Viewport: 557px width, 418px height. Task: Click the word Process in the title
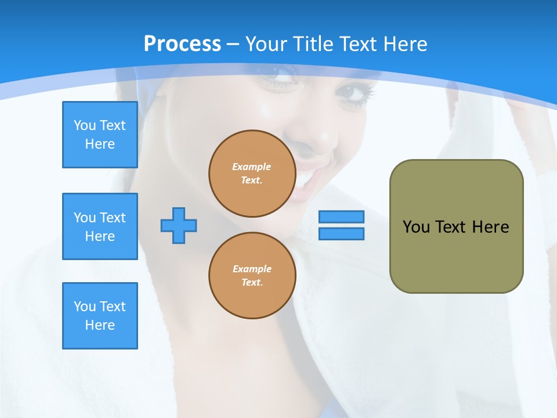(182, 44)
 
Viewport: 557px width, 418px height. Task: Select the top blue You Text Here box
(100, 135)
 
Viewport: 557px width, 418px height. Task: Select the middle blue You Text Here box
(100, 226)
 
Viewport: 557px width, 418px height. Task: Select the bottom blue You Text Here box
(100, 316)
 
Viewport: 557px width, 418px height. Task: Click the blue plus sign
(179, 225)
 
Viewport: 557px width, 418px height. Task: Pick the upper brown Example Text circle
(252, 174)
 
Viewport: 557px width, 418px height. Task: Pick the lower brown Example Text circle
(252, 276)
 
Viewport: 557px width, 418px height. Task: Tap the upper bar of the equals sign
(341, 217)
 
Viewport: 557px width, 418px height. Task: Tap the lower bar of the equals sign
(341, 234)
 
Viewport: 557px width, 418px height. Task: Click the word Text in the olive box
(451, 227)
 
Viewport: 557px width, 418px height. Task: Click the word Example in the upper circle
(252, 167)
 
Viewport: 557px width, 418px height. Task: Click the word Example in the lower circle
(252, 269)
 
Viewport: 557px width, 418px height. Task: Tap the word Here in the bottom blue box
(100, 325)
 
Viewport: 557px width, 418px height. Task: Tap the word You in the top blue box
(85, 125)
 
